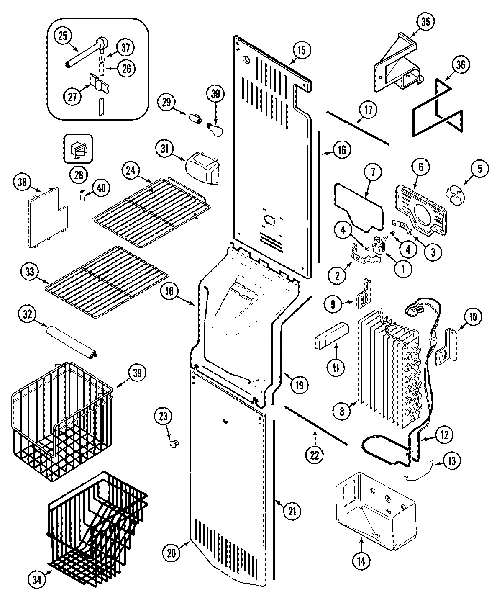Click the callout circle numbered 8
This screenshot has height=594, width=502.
[x=342, y=411]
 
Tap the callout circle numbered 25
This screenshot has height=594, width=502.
[x=63, y=36]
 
